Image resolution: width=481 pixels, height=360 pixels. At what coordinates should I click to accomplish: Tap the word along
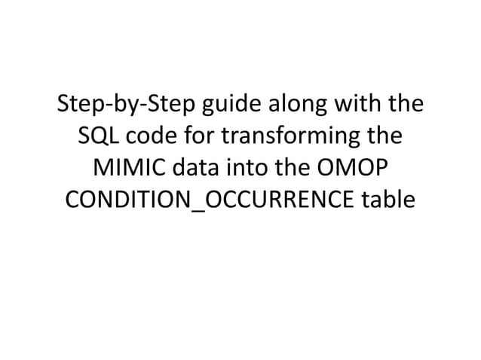point(290,105)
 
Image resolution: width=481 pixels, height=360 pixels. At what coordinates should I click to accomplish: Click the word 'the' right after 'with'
point(405,105)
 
